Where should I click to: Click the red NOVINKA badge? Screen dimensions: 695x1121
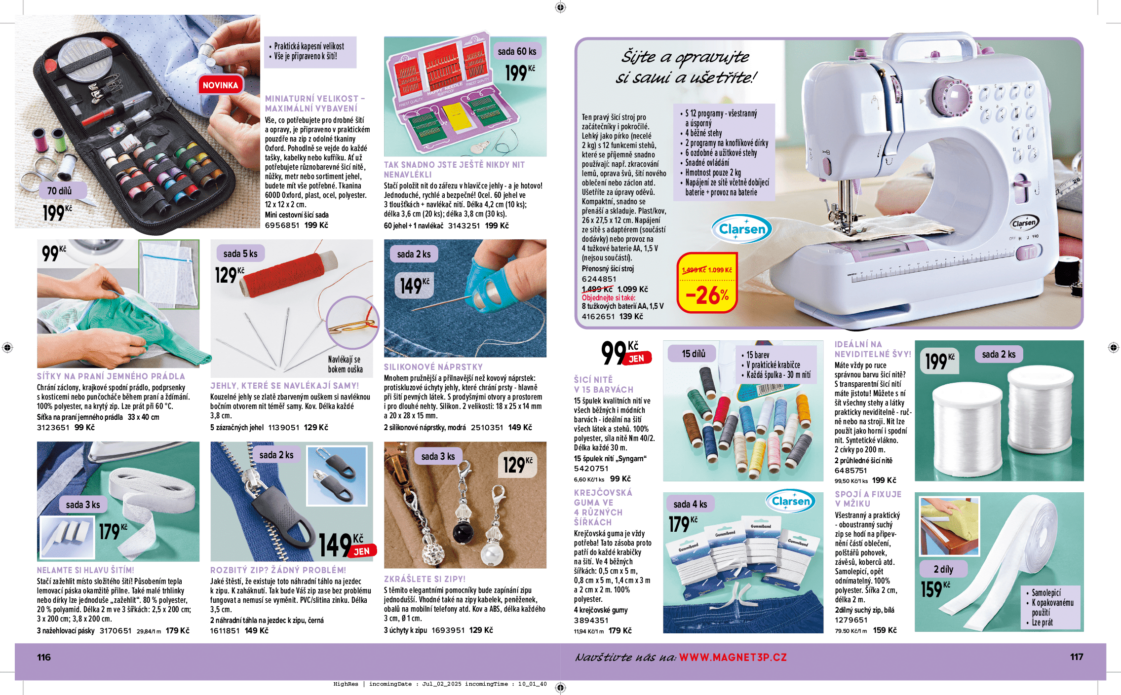point(220,85)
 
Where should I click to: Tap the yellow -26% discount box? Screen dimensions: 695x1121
point(707,284)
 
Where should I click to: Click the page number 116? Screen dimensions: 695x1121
point(44,657)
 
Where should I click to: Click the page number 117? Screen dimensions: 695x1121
point(1077,657)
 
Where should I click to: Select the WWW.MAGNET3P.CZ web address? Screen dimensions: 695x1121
point(733,657)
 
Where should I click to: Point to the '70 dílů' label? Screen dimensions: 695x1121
point(60,191)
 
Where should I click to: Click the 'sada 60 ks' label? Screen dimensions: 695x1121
point(517,51)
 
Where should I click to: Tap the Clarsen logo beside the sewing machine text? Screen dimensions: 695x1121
point(741,229)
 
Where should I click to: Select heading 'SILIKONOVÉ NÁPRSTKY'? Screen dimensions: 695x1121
point(433,367)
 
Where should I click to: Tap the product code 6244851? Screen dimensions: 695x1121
point(599,279)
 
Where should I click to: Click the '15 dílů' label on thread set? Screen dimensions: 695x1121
point(694,354)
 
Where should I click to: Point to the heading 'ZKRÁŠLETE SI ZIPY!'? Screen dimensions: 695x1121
point(425,579)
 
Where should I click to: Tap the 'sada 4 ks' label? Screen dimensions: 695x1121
point(690,504)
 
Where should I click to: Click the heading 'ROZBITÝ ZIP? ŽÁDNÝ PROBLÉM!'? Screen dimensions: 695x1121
point(278,570)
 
